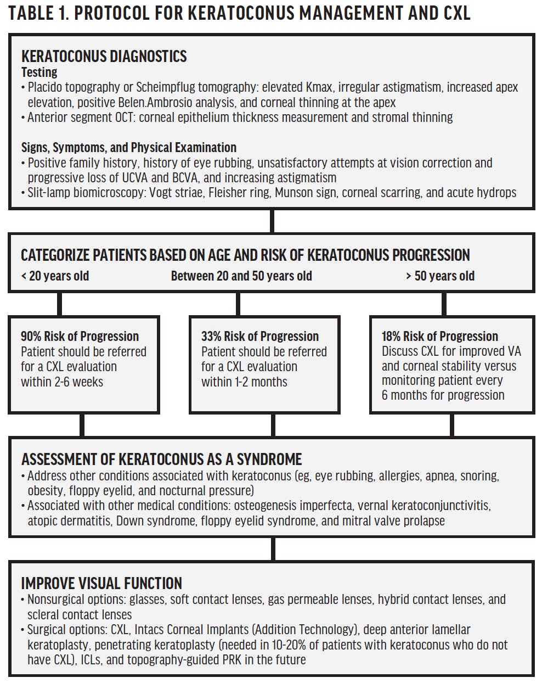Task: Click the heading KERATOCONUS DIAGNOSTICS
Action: coord(104,57)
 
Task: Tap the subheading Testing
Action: coord(39,72)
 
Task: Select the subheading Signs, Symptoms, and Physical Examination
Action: coord(129,147)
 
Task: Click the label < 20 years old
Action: coord(55,276)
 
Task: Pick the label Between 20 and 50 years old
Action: coord(241,276)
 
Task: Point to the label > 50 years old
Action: coord(440,276)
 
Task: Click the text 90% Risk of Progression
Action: coord(80,336)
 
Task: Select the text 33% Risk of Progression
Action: coord(259,336)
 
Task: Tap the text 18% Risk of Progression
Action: coord(440,336)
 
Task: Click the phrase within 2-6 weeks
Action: coord(62,382)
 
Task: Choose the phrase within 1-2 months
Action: coord(244,382)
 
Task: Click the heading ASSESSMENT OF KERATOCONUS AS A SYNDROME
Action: coord(161,459)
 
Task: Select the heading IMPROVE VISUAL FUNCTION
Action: coord(101,583)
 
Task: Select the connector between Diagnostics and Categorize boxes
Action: coord(272,222)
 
